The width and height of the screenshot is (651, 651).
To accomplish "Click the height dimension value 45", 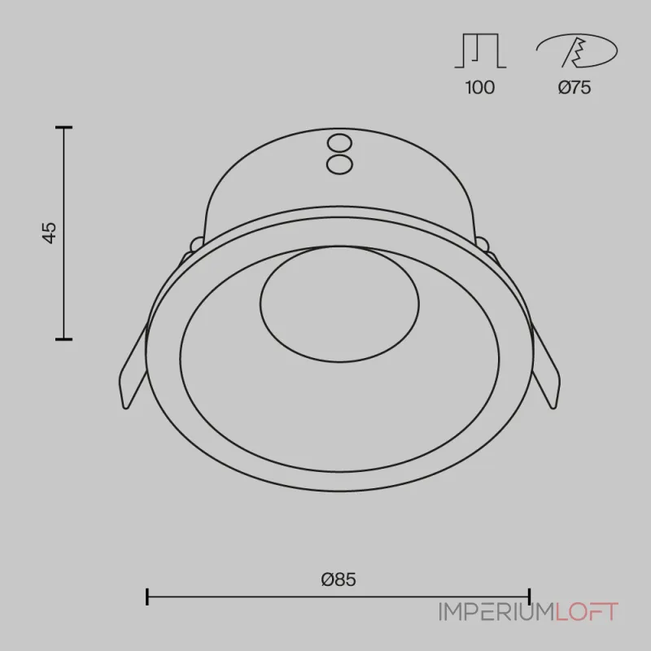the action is (50, 233).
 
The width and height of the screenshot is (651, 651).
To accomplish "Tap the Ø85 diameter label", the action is (339, 579).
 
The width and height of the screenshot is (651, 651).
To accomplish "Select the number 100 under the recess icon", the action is (480, 88).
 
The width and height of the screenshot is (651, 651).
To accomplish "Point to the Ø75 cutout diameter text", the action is (575, 88).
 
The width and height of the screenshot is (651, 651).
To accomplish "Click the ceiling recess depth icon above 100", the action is (480, 50).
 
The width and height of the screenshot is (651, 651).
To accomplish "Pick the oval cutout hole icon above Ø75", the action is (577, 50).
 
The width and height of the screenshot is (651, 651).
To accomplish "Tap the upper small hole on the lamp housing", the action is (339, 144).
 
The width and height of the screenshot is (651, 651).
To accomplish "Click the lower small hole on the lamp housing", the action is (339, 164).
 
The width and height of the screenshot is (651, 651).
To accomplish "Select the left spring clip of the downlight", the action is (133, 365).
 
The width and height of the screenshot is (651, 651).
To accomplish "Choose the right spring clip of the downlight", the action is (545, 365).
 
